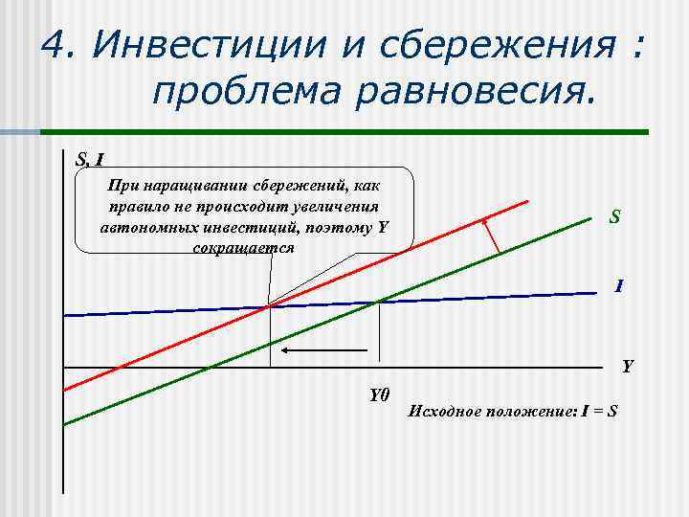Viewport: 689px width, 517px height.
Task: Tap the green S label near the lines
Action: (615, 217)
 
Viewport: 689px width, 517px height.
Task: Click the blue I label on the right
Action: (620, 285)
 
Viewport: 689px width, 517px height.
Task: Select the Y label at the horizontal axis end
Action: (627, 366)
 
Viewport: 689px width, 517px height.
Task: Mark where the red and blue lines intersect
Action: (268, 306)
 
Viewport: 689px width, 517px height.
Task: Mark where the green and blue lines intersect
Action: (381, 302)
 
